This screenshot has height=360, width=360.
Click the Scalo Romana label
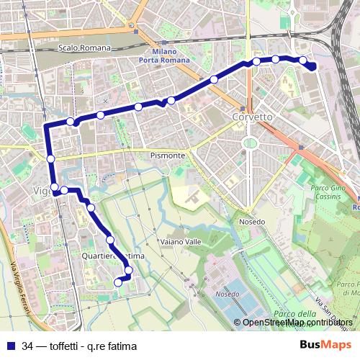[x=85, y=48]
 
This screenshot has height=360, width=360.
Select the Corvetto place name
[x=251, y=116]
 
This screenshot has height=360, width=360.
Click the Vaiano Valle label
[x=179, y=242]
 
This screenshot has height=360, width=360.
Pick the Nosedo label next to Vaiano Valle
[x=252, y=221]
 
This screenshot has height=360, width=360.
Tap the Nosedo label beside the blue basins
[x=227, y=294]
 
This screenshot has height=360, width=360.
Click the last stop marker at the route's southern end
[x=118, y=284]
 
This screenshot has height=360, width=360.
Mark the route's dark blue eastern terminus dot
[x=312, y=66]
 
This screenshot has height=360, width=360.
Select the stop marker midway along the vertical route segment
[x=51, y=158]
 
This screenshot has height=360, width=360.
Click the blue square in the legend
[x=11, y=345]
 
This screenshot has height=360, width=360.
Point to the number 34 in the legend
[x=27, y=345]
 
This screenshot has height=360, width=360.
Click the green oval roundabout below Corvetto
[x=250, y=143]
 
